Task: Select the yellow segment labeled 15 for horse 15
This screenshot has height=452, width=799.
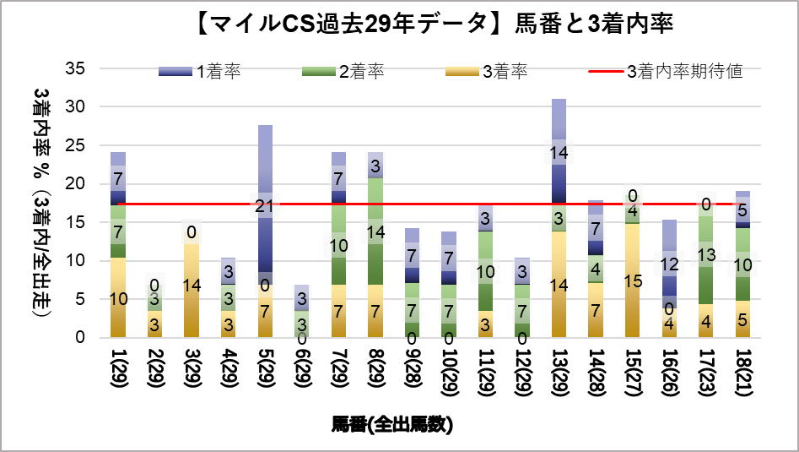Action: (632, 280)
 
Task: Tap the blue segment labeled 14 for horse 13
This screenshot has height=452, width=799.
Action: (559, 161)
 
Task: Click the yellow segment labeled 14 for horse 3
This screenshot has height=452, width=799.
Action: (192, 285)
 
